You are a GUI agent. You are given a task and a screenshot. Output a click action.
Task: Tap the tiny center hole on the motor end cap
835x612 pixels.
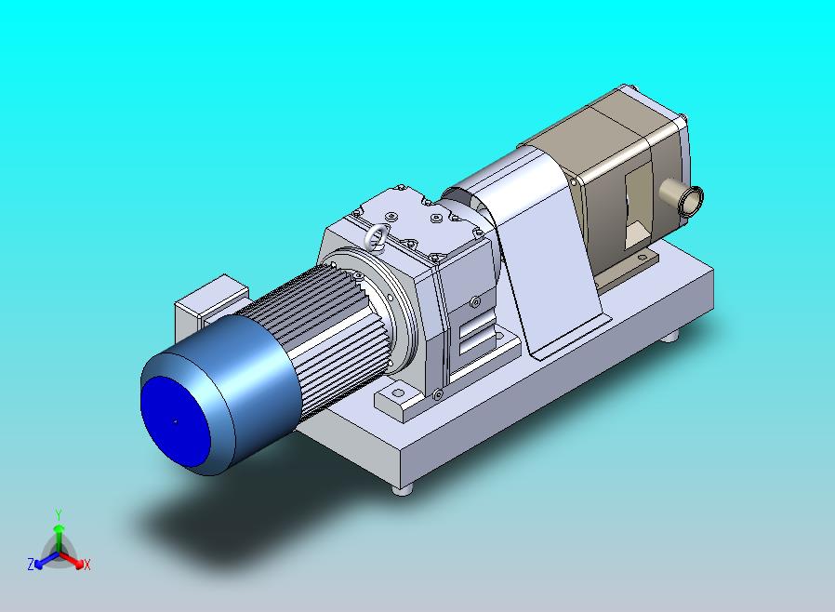[x=176, y=422]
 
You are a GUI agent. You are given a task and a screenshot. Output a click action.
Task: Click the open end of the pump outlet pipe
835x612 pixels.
[x=693, y=200]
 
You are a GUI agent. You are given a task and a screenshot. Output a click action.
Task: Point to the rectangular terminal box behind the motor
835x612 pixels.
[x=211, y=305]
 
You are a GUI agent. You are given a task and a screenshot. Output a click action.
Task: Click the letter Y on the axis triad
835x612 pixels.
[x=59, y=514]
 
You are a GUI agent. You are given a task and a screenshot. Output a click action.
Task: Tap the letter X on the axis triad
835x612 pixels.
[x=87, y=565]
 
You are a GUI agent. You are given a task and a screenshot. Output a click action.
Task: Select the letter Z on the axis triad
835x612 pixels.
[x=31, y=564]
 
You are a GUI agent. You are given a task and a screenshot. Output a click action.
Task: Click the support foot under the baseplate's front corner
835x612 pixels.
[x=403, y=489]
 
